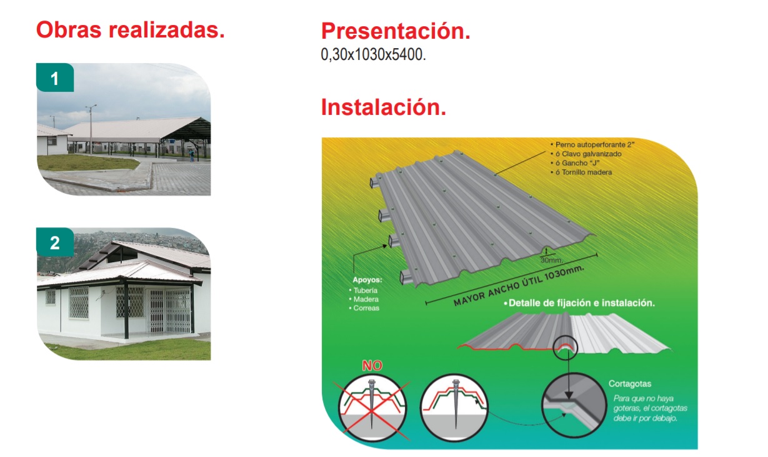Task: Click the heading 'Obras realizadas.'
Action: click(x=130, y=29)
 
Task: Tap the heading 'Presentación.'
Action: click(x=395, y=31)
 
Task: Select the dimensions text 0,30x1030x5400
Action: click(x=373, y=55)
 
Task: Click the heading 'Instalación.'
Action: click(x=383, y=107)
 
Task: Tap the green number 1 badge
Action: click(x=55, y=79)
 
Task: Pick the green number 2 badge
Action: click(x=55, y=243)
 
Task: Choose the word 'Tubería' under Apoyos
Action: click(x=366, y=290)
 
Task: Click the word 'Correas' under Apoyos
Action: click(x=367, y=308)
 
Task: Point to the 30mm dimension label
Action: click(x=551, y=259)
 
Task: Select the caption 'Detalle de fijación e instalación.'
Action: click(x=581, y=303)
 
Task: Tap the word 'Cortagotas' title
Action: click(x=629, y=384)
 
